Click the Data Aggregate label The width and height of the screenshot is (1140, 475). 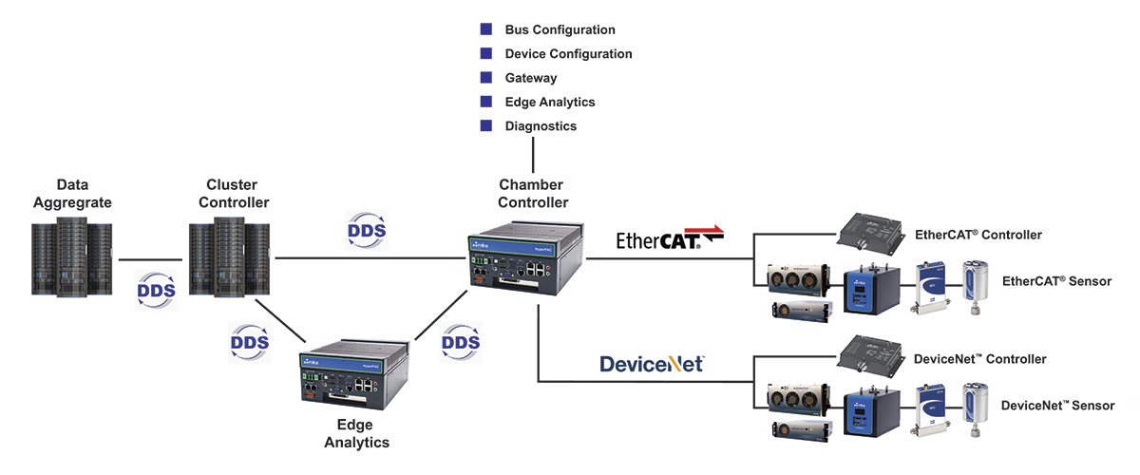click(72, 194)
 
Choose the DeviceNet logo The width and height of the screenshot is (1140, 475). click(652, 363)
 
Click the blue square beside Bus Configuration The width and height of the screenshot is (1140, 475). click(486, 29)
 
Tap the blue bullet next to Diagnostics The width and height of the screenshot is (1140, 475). click(486, 125)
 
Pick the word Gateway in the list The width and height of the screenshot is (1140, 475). click(531, 78)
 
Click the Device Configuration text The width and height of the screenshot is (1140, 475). click(568, 54)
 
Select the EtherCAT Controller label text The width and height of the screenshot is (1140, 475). click(978, 234)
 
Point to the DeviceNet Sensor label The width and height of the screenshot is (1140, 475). click(1057, 406)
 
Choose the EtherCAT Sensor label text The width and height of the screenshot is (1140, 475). click(1056, 281)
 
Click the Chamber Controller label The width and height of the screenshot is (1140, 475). click(533, 193)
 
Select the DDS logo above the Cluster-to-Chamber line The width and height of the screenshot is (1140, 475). click(366, 232)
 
